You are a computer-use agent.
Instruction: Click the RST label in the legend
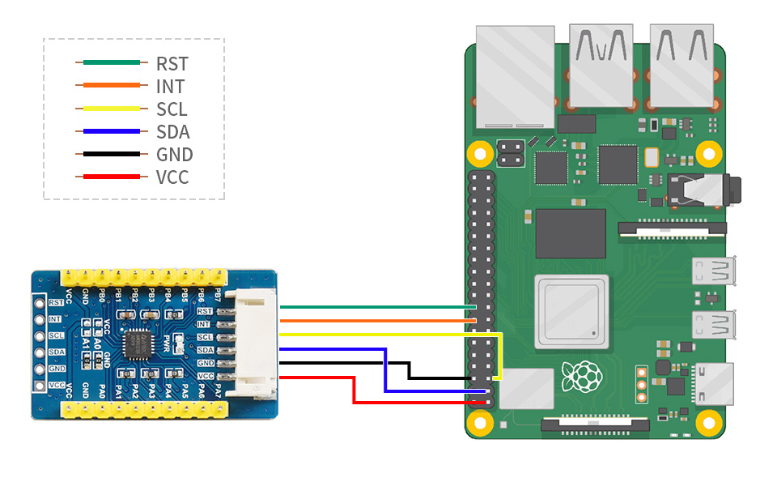(x=172, y=63)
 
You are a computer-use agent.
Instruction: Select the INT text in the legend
(x=170, y=86)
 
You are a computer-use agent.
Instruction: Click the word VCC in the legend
(x=172, y=177)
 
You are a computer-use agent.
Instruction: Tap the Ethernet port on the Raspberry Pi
(x=516, y=77)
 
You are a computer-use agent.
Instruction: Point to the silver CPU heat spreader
(x=570, y=313)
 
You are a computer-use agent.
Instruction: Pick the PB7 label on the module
(x=217, y=293)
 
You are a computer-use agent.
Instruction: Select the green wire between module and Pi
(x=372, y=307)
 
